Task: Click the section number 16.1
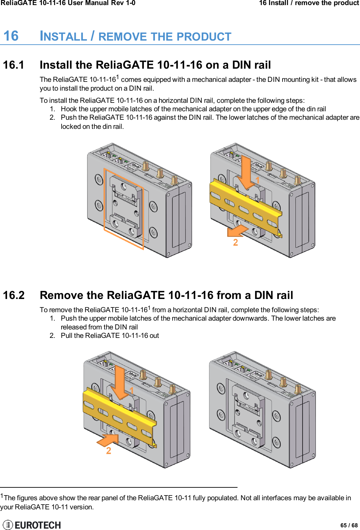(x=14, y=65)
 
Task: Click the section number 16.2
(x=14, y=295)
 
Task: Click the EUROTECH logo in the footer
(x=32, y=525)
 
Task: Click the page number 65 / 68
(x=349, y=525)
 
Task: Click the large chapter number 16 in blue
(x=11, y=36)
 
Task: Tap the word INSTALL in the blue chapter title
(x=63, y=37)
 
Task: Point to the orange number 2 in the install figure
(x=235, y=243)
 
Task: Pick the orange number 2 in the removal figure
(x=109, y=451)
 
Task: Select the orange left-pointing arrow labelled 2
(x=238, y=231)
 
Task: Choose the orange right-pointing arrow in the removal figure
(x=108, y=440)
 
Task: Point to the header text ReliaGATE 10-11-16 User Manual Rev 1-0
(x=68, y=3)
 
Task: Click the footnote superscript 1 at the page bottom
(x=2, y=496)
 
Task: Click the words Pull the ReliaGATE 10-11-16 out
(x=110, y=336)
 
